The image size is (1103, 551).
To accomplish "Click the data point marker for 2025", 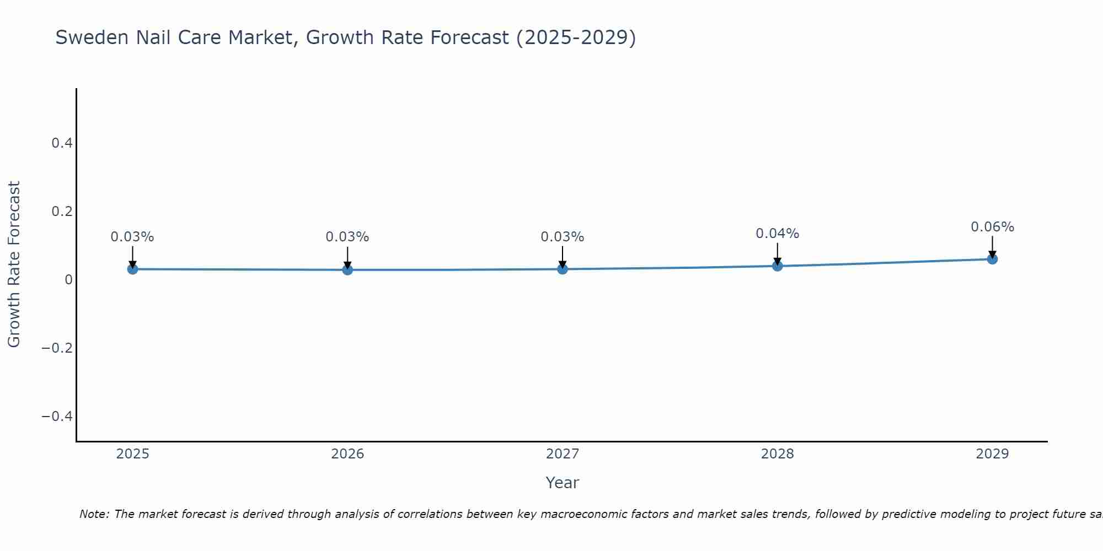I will click(132, 269).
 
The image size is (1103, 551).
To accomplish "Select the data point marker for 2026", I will click(347, 269).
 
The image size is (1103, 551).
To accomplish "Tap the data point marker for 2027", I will click(563, 269).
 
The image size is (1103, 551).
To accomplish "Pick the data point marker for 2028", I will click(778, 266).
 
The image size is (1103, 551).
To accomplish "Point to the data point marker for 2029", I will click(992, 259).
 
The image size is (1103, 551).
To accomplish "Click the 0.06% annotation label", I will click(992, 227).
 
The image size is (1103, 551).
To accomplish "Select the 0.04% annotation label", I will click(777, 234).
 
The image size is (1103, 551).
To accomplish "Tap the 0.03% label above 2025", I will click(132, 237).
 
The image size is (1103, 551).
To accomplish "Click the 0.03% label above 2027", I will click(562, 237).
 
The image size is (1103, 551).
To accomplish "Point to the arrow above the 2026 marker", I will click(347, 256).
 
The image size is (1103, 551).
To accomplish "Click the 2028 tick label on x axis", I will click(777, 454).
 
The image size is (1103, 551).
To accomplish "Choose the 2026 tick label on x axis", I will click(347, 454).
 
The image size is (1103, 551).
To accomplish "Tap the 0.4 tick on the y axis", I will click(62, 143).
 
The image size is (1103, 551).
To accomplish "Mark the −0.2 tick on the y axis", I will click(57, 348).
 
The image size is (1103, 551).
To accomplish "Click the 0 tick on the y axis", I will click(68, 279).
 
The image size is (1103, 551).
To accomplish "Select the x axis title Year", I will click(562, 483).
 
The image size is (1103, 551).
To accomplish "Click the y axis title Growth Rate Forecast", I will click(14, 264).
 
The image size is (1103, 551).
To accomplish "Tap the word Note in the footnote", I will click(94, 514).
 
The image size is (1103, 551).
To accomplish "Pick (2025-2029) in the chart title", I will click(576, 37).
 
